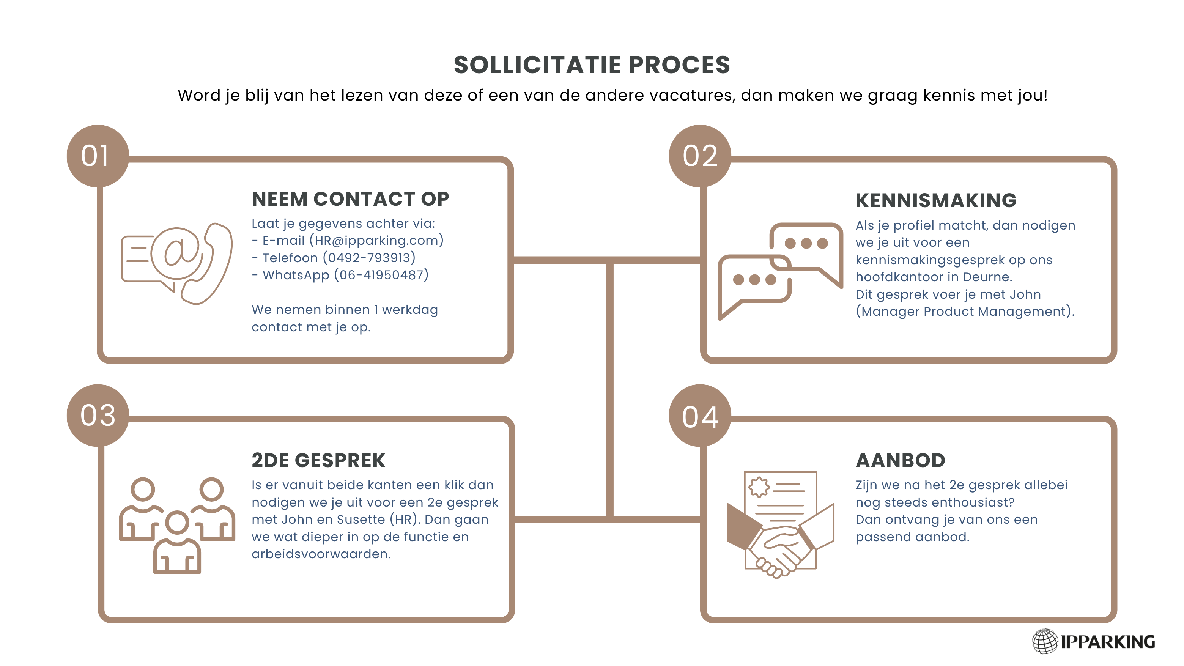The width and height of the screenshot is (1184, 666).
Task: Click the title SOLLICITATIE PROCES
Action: pyautogui.click(x=592, y=65)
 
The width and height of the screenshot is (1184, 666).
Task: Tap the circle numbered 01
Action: pyautogui.click(x=98, y=156)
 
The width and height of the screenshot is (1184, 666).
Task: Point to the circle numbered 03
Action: pyautogui.click(x=98, y=416)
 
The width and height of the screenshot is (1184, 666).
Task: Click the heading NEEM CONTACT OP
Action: pyautogui.click(x=350, y=199)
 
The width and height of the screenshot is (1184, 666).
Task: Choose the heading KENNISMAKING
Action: pyautogui.click(x=936, y=200)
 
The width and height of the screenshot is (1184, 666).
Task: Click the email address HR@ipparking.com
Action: pyautogui.click(x=376, y=240)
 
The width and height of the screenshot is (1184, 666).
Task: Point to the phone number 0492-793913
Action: pyautogui.click(x=369, y=258)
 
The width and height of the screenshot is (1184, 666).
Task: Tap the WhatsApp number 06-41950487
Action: pyautogui.click(x=381, y=275)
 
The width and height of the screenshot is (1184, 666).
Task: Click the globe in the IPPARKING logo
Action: pyautogui.click(x=1045, y=641)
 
